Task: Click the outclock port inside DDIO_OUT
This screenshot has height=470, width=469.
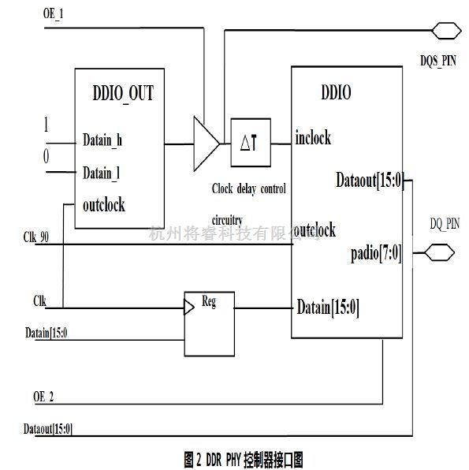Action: pos(104,205)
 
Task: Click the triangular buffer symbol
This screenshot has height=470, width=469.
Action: pos(206,144)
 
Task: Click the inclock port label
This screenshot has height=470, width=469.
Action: pos(313,138)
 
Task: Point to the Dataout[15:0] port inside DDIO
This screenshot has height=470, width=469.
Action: pos(370,181)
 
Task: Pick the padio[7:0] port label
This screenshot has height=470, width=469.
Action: pos(377,253)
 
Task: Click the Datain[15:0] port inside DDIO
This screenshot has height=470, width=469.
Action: pos(328,308)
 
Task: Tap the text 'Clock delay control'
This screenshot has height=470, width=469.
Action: pos(248,189)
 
